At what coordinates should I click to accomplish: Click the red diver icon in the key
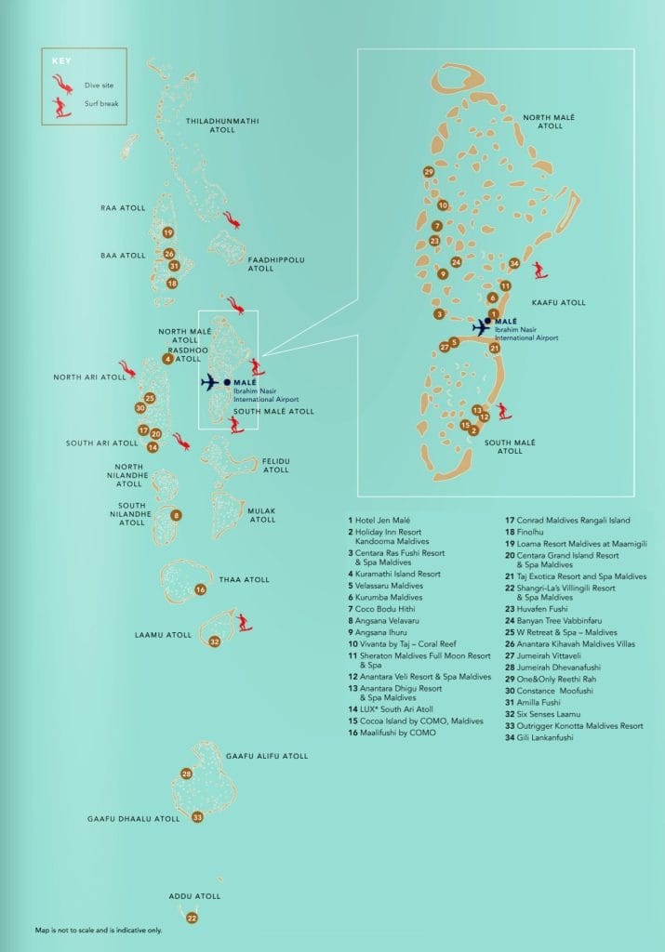tap(62, 83)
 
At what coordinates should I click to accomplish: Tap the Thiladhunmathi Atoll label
tap(223, 126)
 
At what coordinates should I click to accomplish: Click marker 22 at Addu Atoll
tap(192, 918)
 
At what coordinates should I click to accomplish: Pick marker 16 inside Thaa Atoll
tap(200, 589)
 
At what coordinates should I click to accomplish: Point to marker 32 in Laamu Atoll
tap(214, 641)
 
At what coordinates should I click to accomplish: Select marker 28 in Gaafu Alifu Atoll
tap(186, 773)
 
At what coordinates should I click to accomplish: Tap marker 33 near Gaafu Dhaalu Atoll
tap(197, 817)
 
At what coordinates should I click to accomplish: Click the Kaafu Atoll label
tap(558, 302)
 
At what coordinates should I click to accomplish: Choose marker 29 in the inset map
tap(428, 172)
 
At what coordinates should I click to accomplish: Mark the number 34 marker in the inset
tap(514, 263)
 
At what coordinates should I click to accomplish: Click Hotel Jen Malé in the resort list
tap(383, 520)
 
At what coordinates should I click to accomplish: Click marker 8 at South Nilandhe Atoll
tap(176, 515)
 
